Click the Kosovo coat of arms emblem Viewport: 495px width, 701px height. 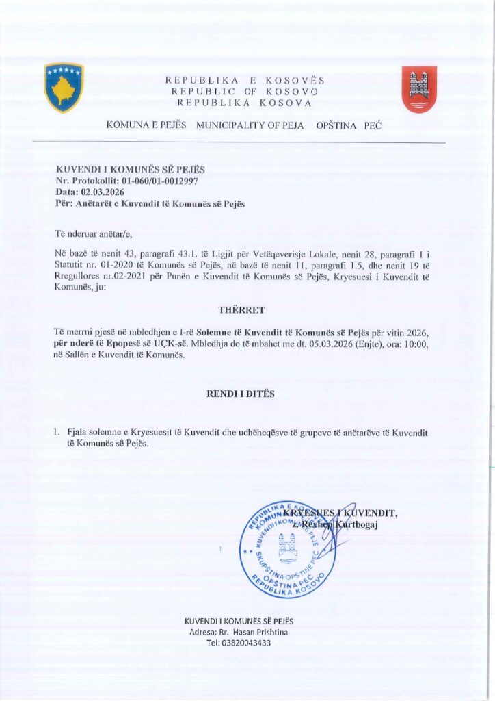tap(64, 87)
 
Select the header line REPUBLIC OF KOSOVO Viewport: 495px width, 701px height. tap(245, 92)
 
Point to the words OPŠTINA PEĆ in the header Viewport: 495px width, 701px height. tap(349, 127)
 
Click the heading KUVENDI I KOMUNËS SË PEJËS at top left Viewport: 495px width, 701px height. tap(130, 169)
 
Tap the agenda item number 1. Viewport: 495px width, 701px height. tap(57, 433)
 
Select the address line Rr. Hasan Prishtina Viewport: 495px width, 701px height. tap(253, 632)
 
